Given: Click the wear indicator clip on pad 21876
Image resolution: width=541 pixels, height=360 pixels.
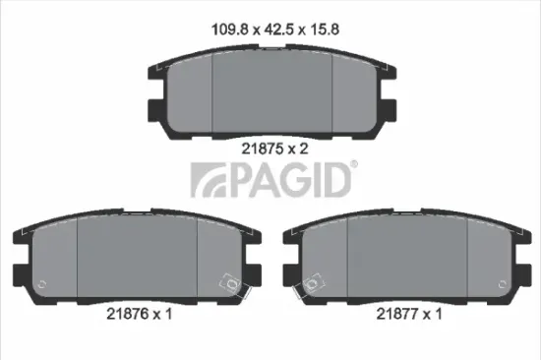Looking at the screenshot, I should click(x=233, y=285).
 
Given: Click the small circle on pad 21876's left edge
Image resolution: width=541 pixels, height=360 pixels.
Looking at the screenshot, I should click(x=38, y=286).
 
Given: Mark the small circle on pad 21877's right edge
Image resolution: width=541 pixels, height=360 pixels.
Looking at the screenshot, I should click(x=506, y=286).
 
